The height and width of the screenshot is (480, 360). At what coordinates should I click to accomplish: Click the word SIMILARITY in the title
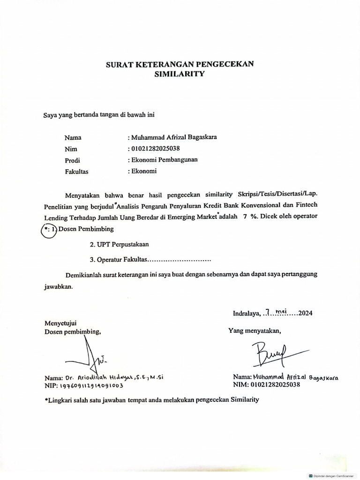click(x=180, y=74)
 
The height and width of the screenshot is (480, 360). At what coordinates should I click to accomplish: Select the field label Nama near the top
click(x=73, y=137)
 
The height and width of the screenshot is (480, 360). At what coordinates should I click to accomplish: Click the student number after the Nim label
click(x=155, y=149)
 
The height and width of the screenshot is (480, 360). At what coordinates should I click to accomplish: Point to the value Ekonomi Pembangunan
click(x=164, y=160)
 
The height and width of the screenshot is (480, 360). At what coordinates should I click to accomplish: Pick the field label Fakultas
click(x=77, y=171)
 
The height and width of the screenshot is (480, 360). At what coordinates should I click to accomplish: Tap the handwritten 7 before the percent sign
click(x=245, y=216)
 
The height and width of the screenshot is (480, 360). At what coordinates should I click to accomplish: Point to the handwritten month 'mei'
click(x=281, y=311)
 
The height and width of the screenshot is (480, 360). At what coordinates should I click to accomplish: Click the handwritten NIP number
click(x=91, y=386)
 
